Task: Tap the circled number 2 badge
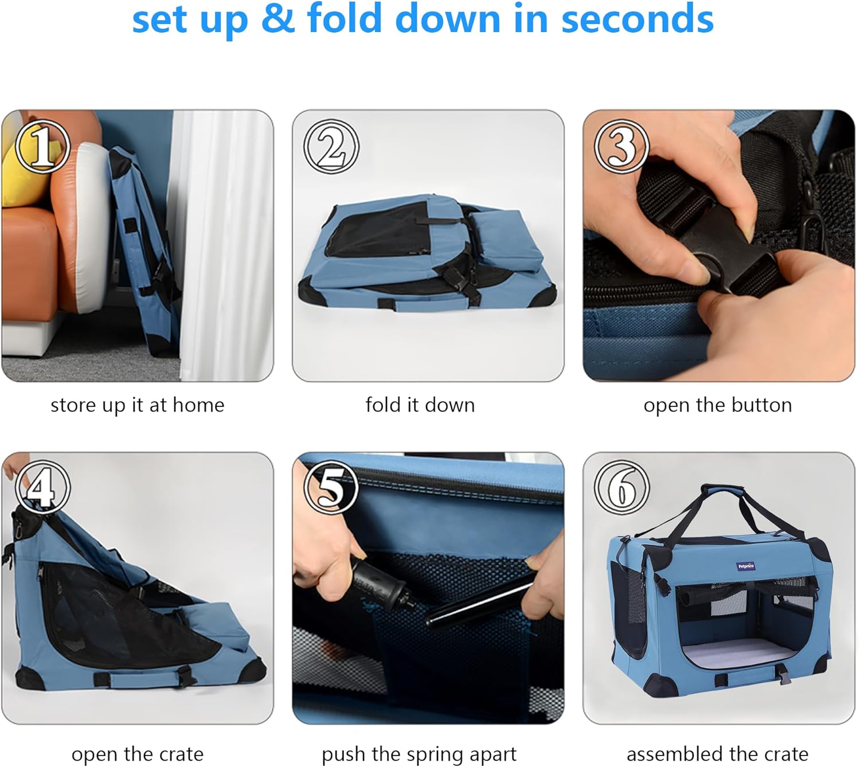331,147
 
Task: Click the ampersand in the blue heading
277,19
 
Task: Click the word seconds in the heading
637,19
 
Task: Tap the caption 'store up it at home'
138,405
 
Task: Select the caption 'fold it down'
420,405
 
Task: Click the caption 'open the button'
718,405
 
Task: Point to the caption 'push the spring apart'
419,754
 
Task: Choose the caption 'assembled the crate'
717,754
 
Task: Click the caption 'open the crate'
138,754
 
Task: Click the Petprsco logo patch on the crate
746,566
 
